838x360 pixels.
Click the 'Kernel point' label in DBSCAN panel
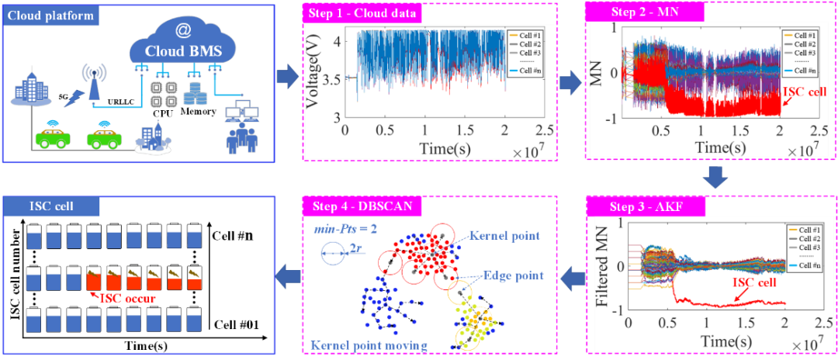502,234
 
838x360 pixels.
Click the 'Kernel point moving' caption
368,344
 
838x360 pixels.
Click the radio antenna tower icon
92,81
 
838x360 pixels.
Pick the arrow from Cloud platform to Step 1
287,77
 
